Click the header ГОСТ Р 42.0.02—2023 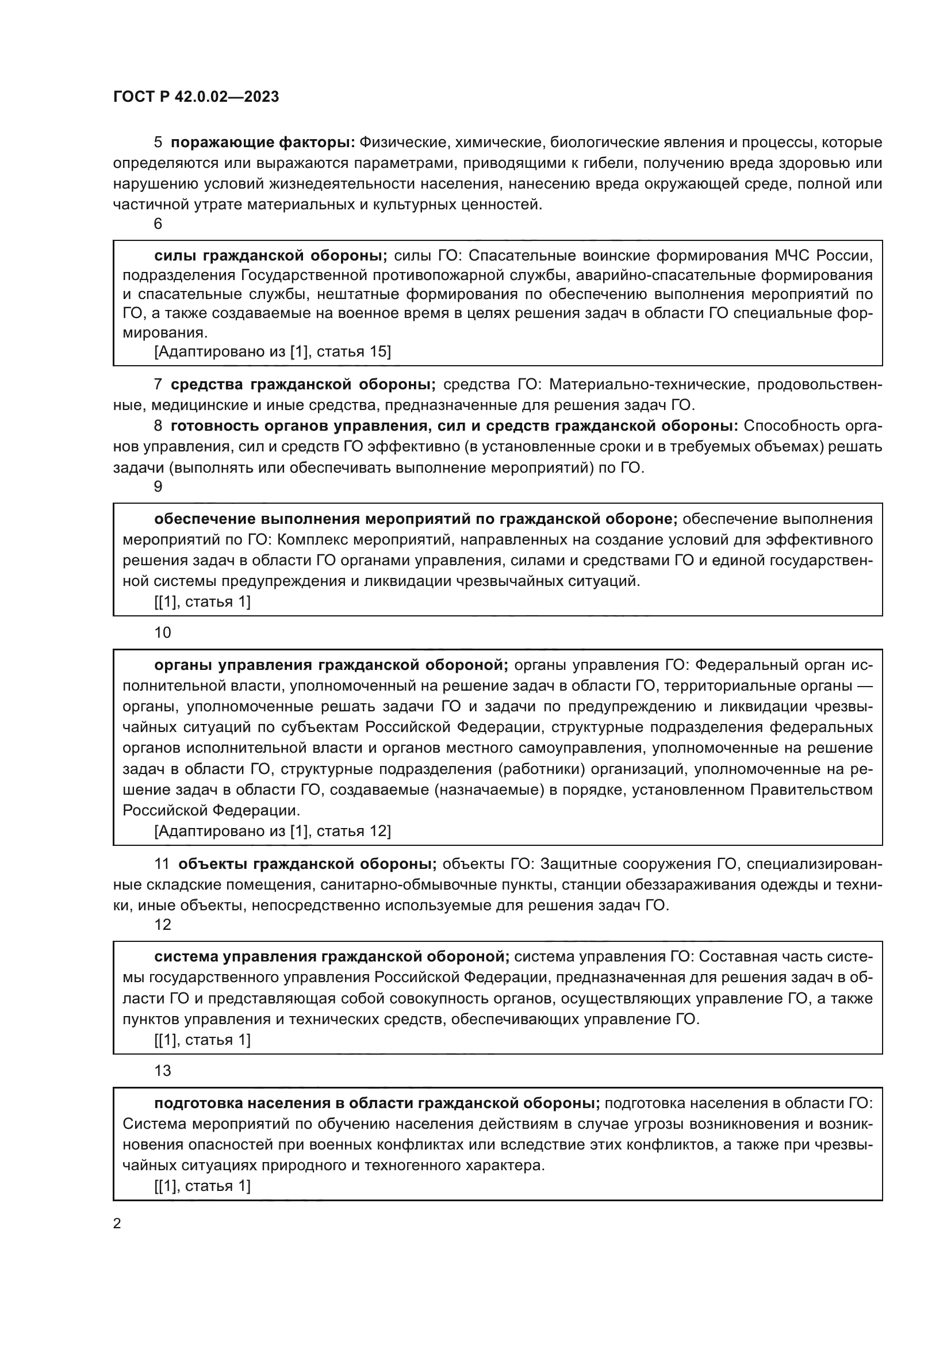196,97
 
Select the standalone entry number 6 158,224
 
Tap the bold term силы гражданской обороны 271,255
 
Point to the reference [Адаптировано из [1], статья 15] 273,351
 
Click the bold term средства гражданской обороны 303,384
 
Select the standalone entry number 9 158,486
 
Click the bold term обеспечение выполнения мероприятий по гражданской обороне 415,519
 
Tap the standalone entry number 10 162,633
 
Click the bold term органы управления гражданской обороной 331,665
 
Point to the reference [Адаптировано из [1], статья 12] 273,831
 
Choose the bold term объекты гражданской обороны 307,864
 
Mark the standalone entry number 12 162,925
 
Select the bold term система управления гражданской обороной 331,957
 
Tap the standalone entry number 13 162,1071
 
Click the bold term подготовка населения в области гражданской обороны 377,1103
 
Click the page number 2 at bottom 117,1224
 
